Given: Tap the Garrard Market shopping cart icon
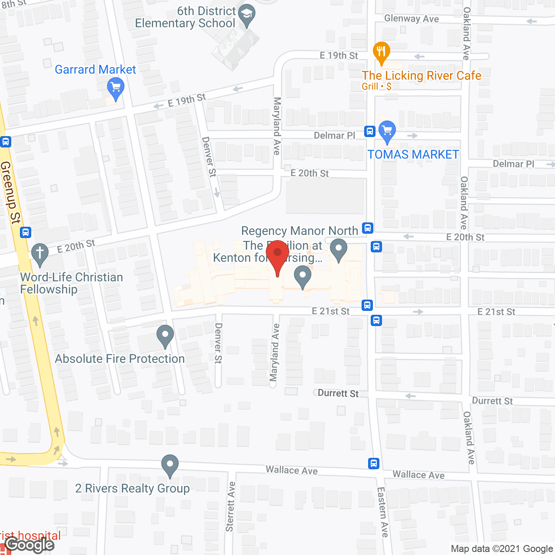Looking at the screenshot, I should click(x=115, y=88).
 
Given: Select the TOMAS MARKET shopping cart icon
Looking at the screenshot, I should click(x=387, y=131).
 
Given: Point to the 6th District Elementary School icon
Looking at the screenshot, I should click(x=247, y=15).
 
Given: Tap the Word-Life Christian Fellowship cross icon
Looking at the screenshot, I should click(x=40, y=254).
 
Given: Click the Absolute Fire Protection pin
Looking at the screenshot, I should click(x=165, y=335).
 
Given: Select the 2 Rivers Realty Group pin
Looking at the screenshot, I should click(x=170, y=465).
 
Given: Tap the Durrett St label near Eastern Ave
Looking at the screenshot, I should click(x=338, y=393).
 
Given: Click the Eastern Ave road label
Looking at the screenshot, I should click(x=383, y=512).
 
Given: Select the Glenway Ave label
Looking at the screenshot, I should click(x=411, y=19).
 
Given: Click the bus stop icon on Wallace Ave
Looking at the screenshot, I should click(x=374, y=463).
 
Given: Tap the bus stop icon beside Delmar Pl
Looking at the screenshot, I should click(x=369, y=131).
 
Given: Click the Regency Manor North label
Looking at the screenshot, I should click(x=300, y=231).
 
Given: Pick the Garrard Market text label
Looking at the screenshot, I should click(x=95, y=69).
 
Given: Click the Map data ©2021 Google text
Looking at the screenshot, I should click(x=502, y=549).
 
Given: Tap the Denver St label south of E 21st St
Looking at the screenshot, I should click(x=218, y=343).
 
